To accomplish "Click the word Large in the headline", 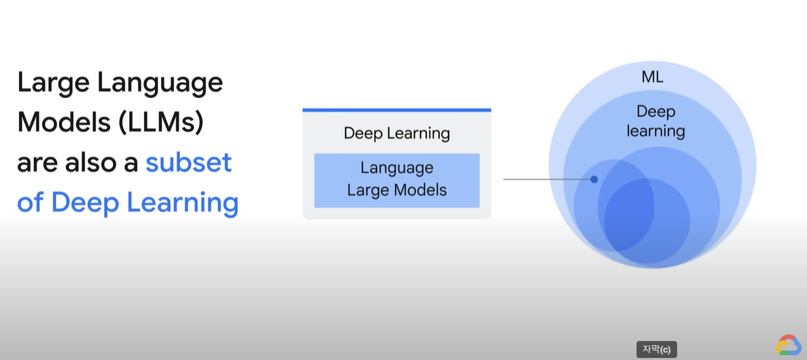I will point(53,83).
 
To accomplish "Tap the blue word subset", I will point(189,162).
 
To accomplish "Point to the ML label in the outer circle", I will point(652,77).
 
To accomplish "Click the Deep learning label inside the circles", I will point(655,121).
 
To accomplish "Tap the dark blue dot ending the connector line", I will point(594,179).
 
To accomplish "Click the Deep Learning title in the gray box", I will point(396,133).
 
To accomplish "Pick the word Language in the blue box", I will point(396,167).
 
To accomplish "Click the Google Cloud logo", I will point(788,345).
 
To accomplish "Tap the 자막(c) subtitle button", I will point(656,349).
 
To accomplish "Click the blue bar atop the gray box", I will point(396,110).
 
